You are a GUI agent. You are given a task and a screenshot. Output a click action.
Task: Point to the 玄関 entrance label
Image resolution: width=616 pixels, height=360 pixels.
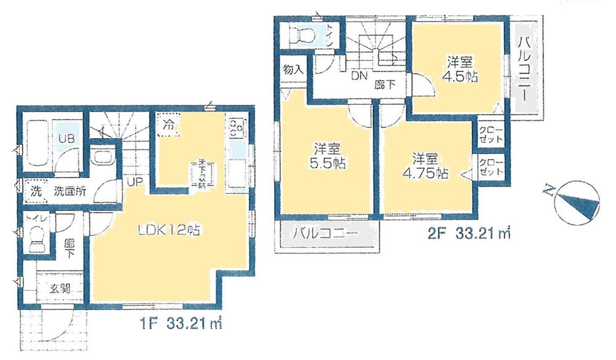[60, 287]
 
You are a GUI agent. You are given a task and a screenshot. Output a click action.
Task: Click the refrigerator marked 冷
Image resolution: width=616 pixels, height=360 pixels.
[168, 124]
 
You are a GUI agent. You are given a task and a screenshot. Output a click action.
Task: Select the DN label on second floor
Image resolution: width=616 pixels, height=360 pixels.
[359, 76]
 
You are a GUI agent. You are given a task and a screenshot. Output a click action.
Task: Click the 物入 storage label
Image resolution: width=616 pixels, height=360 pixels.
[293, 69]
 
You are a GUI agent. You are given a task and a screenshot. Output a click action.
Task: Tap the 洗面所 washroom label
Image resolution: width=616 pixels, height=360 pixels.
[68, 191]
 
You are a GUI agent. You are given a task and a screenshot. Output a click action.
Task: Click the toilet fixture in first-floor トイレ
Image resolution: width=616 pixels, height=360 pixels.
[37, 237]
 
